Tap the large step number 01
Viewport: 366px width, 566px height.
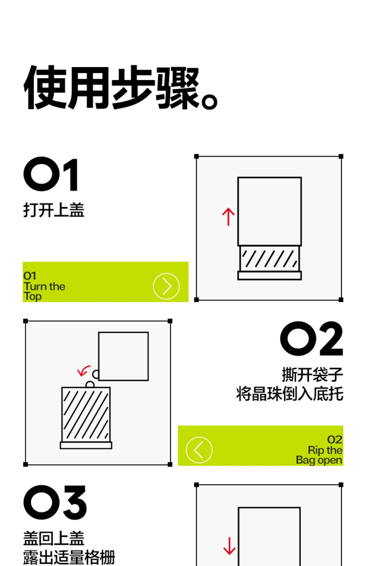[51, 174]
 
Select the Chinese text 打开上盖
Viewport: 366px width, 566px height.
[54, 210]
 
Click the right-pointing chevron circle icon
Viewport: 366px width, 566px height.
[166, 286]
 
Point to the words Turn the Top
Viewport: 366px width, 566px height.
[44, 291]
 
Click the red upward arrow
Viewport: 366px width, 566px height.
[228, 217]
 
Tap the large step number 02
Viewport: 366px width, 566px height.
[312, 338]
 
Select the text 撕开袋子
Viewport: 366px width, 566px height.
[312, 374]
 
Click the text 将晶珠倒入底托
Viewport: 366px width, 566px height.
[290, 394]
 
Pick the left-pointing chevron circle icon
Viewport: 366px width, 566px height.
[199, 450]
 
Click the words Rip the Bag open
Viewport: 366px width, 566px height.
[319, 455]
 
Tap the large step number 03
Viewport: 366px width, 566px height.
[55, 502]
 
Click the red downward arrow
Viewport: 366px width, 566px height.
[229, 546]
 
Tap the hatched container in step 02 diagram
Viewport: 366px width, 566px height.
[86, 414]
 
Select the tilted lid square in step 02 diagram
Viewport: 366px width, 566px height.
[123, 356]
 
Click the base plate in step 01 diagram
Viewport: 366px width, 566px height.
[269, 276]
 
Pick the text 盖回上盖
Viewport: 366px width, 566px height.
[54, 538]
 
